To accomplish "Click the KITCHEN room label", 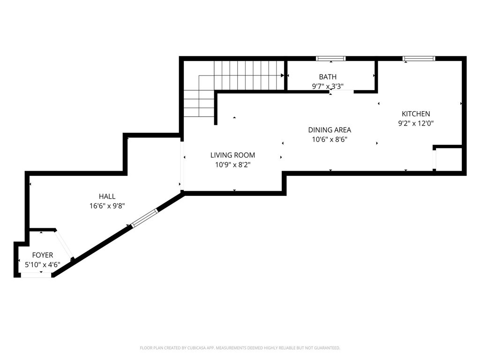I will pyautogui.click(x=415, y=114).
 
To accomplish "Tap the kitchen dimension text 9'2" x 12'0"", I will pyautogui.click(x=415, y=124).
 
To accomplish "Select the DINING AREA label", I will pyautogui.click(x=329, y=130).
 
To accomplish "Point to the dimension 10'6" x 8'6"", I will pyautogui.click(x=329, y=139).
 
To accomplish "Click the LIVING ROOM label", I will pyautogui.click(x=232, y=155).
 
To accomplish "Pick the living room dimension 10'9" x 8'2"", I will pyautogui.click(x=232, y=165).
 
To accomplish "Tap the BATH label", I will pyautogui.click(x=328, y=77).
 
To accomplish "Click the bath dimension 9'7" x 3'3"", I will pyautogui.click(x=328, y=86).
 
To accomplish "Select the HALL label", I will pyautogui.click(x=107, y=196).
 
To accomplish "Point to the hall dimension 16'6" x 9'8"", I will pyautogui.click(x=107, y=206).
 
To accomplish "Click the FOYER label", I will pyautogui.click(x=42, y=255).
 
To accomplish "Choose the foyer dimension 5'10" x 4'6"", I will pyautogui.click(x=42, y=264).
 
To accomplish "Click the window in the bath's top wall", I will pyautogui.click(x=330, y=59).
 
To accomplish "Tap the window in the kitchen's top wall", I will pyautogui.click(x=419, y=59).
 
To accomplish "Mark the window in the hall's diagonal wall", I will pyautogui.click(x=144, y=219).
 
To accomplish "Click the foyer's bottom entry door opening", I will pyautogui.click(x=36, y=275).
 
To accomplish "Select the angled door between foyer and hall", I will pyautogui.click(x=64, y=244).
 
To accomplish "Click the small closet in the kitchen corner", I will pyautogui.click(x=450, y=159).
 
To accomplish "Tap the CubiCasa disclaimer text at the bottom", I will pyautogui.click(x=240, y=348).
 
